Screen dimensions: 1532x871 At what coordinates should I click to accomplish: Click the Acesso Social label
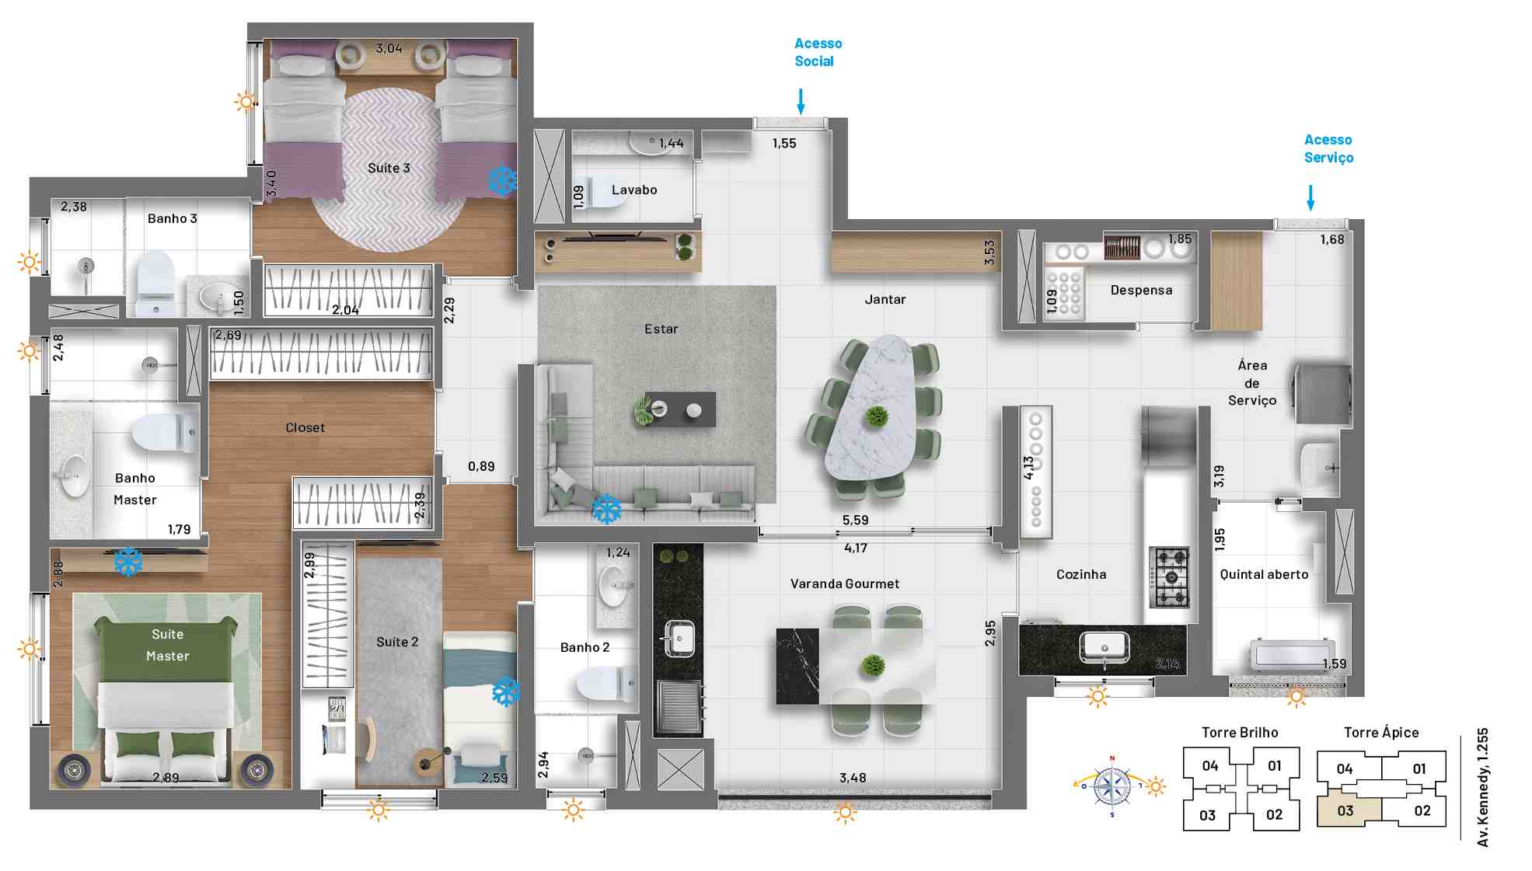818,52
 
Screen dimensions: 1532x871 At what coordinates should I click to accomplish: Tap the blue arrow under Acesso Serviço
1310,198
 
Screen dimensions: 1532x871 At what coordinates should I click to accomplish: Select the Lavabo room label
634,190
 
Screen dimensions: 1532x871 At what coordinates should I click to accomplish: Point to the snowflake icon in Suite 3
503,180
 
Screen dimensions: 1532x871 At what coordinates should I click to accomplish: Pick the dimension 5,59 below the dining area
855,520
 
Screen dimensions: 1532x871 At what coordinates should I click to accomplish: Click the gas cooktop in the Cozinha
1170,577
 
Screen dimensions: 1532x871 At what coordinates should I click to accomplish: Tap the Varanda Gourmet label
845,584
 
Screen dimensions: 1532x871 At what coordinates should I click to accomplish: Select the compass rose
1112,786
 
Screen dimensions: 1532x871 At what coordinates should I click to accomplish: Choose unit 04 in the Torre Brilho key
1209,765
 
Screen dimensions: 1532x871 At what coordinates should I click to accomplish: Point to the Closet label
305,427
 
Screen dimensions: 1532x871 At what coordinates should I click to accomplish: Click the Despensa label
1141,290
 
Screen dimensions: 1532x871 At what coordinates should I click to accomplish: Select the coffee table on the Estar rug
675,409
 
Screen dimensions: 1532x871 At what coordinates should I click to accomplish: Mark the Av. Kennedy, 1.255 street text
1483,786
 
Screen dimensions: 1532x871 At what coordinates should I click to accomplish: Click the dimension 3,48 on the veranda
853,778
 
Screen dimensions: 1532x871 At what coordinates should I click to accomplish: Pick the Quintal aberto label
1264,574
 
